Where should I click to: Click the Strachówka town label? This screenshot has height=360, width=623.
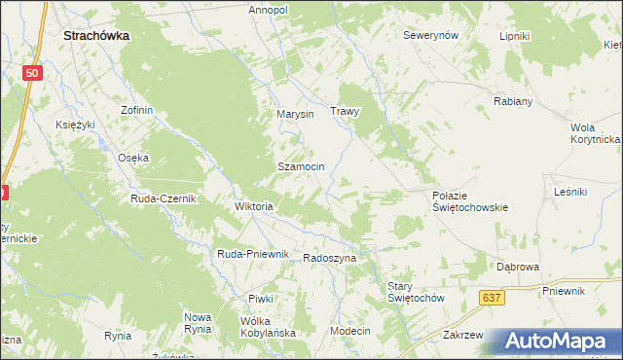(x=97, y=34)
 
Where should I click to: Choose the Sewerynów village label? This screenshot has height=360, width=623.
(x=431, y=35)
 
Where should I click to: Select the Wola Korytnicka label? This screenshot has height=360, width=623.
(x=595, y=133)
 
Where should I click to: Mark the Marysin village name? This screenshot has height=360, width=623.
(x=295, y=114)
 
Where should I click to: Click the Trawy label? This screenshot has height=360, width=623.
(x=346, y=111)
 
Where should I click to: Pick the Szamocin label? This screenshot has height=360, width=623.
(x=301, y=166)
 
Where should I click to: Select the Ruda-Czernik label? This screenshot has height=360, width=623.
(x=164, y=198)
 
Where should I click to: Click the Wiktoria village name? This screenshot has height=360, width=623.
(x=254, y=206)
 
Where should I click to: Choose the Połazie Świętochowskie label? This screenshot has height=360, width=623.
(x=470, y=200)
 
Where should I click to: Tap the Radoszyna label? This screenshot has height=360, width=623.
(x=330, y=258)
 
